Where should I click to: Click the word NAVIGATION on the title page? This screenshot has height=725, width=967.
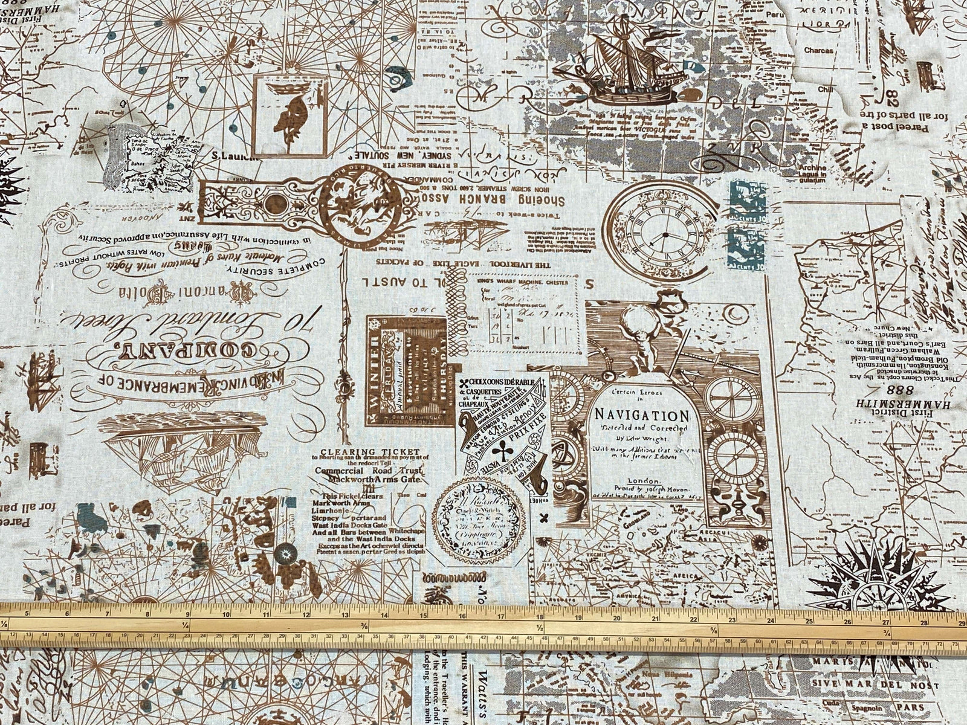pyautogui.click(x=641, y=416)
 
